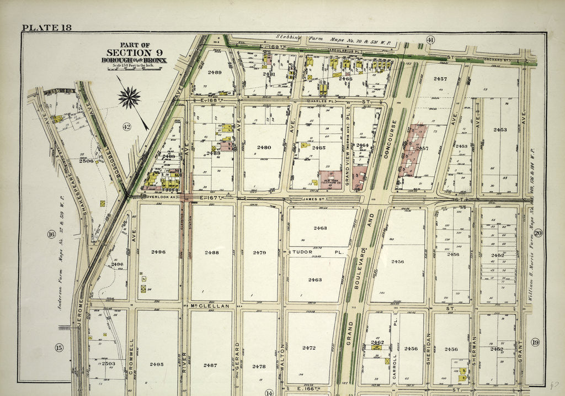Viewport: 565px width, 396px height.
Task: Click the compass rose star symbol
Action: (x=129, y=98)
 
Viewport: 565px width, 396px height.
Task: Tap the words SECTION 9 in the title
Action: (x=137, y=53)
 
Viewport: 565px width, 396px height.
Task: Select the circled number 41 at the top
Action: (x=430, y=39)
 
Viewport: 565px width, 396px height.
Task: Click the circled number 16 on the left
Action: (x=51, y=234)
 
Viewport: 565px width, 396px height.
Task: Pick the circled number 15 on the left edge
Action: (x=59, y=347)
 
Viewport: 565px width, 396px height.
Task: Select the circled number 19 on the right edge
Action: (x=535, y=342)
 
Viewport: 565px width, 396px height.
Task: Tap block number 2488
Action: (x=211, y=252)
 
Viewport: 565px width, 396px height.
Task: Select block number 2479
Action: (x=260, y=252)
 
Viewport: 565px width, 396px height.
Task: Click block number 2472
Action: (x=309, y=348)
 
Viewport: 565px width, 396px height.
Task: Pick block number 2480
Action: (x=264, y=147)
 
